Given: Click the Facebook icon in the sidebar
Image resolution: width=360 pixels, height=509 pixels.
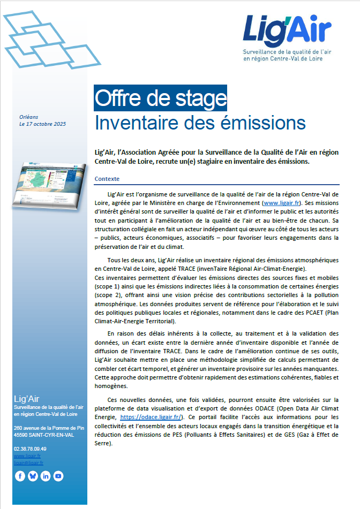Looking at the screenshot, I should point(20,476).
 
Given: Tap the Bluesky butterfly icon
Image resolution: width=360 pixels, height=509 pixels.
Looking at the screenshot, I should point(33,476).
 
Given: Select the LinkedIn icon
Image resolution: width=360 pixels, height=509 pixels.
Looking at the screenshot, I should point(46,476).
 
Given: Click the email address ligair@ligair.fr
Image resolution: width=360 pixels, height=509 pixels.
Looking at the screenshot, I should point(28,462).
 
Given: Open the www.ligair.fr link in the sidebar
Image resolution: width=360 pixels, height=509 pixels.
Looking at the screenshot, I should point(27,455).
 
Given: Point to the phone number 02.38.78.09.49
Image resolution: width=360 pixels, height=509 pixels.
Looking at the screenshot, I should point(30,449).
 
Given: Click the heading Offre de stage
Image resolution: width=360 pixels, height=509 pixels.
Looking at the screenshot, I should point(160,98).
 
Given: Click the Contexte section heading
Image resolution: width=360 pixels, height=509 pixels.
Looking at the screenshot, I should point(107,179).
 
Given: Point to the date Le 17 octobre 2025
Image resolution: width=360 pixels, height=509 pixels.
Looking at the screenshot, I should point(42,124).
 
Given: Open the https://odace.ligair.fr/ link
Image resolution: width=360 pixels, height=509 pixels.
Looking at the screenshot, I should point(152,416).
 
